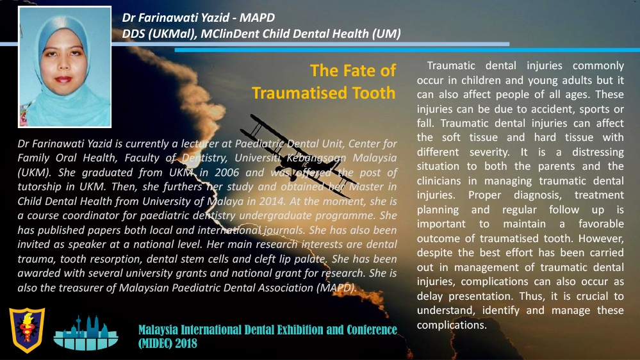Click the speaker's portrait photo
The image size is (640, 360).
click(65, 67)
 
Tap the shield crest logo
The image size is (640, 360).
click(28, 330)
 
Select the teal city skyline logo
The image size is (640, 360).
click(86, 332)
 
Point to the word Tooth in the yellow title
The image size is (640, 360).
click(374, 93)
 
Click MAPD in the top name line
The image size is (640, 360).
click(257, 17)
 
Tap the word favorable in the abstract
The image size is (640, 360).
click(601, 224)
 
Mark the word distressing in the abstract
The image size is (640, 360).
click(598, 152)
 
